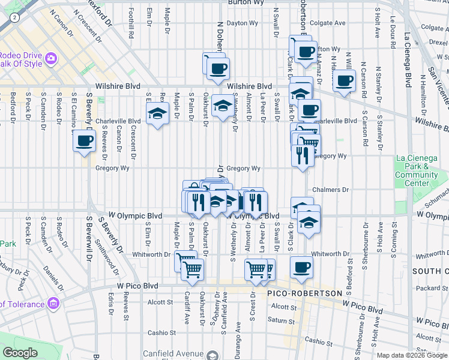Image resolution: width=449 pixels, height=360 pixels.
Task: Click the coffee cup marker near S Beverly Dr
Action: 83,142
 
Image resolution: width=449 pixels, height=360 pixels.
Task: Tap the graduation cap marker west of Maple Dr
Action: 157,113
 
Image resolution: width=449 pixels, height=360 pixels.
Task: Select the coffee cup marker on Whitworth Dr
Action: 301,267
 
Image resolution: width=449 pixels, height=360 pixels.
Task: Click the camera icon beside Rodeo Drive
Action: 51,58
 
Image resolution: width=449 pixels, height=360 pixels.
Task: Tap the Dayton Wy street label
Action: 242,23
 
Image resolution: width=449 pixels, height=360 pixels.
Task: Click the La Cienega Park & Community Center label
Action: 417,170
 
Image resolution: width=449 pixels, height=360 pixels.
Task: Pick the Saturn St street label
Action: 281,320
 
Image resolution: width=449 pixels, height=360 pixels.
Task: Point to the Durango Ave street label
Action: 238,335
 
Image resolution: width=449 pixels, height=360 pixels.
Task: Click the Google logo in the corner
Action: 20,353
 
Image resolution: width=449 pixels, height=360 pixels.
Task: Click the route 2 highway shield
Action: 14,19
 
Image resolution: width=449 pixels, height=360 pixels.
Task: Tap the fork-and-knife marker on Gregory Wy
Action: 301,155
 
